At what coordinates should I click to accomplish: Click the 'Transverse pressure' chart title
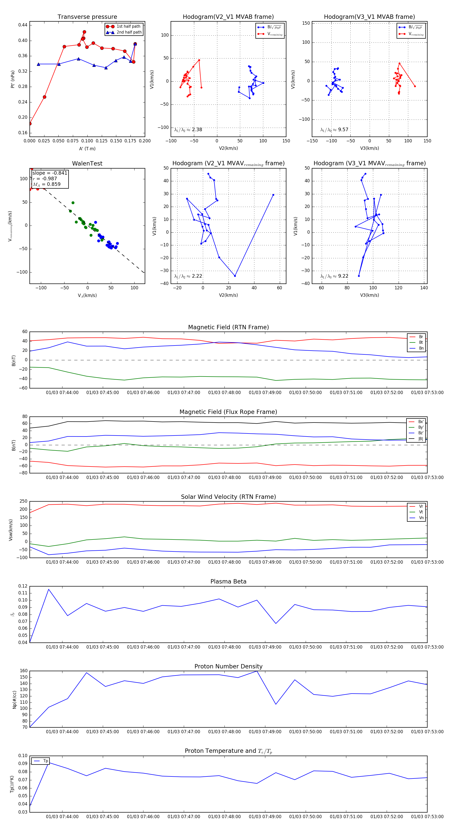(87, 17)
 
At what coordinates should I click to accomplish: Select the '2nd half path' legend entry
(129, 32)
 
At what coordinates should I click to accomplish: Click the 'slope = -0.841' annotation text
(50, 173)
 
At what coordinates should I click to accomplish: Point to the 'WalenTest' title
(87, 163)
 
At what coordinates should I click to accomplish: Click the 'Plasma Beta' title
(228, 581)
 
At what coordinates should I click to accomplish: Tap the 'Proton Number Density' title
(228, 666)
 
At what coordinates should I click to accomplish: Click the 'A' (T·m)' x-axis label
(87, 148)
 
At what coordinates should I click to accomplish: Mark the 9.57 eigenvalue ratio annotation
(334, 130)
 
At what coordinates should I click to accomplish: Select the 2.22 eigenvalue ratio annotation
(188, 276)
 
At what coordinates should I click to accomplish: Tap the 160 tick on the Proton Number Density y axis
(24, 671)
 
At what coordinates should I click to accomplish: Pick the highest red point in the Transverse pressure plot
(84, 32)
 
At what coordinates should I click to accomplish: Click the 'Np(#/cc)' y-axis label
(14, 699)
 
